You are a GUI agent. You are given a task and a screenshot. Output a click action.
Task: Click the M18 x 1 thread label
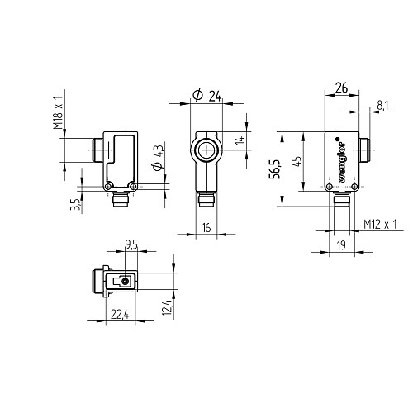point(59,113)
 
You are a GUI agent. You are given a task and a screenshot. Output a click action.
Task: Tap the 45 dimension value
point(297,161)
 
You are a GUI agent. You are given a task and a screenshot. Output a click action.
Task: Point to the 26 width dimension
point(341,88)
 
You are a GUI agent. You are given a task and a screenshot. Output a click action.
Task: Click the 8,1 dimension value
point(382,106)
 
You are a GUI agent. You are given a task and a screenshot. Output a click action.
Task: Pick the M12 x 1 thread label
point(380,225)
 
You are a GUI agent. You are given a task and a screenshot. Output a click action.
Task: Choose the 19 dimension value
point(341,245)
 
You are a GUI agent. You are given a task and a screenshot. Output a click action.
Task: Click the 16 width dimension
point(206,228)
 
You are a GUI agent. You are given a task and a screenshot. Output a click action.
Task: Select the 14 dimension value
point(240,140)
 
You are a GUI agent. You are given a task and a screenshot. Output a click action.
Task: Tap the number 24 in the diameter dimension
point(215,97)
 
